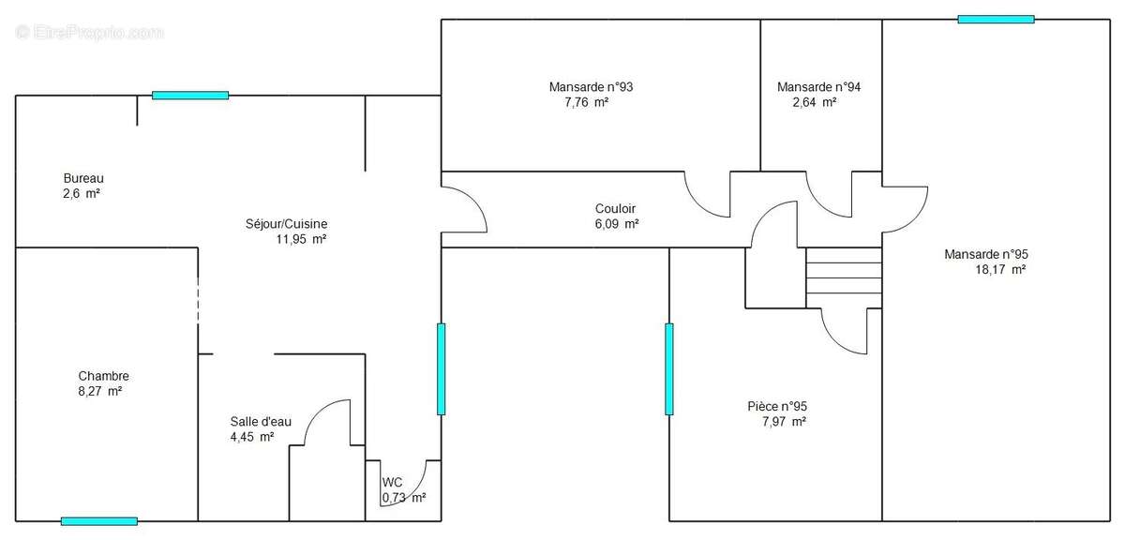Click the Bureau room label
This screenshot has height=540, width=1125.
[82, 178]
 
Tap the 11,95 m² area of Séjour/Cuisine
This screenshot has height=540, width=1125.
[300, 239]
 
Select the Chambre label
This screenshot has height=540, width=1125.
[103, 376]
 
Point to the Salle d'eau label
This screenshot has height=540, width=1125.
[261, 421]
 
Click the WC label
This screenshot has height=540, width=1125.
[392, 482]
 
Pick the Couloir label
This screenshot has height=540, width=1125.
[616, 209]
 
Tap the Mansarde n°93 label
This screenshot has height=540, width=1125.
[591, 87]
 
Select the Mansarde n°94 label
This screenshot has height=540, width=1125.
[818, 87]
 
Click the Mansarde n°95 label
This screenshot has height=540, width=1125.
[992, 254]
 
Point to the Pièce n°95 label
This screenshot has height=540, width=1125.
[777, 406]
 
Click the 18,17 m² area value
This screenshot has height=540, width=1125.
[1000, 269]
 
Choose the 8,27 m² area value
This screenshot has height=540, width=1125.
[101, 391]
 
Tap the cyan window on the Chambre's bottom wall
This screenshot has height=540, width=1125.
[99, 521]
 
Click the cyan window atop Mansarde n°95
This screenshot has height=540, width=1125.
[996, 19]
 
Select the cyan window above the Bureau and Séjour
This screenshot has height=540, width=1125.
[190, 95]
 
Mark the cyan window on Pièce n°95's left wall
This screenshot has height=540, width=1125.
[669, 368]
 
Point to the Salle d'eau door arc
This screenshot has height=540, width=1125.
[328, 417]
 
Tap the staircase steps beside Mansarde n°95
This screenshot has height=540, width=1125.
[844, 277]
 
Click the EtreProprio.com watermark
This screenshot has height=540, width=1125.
[90, 32]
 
